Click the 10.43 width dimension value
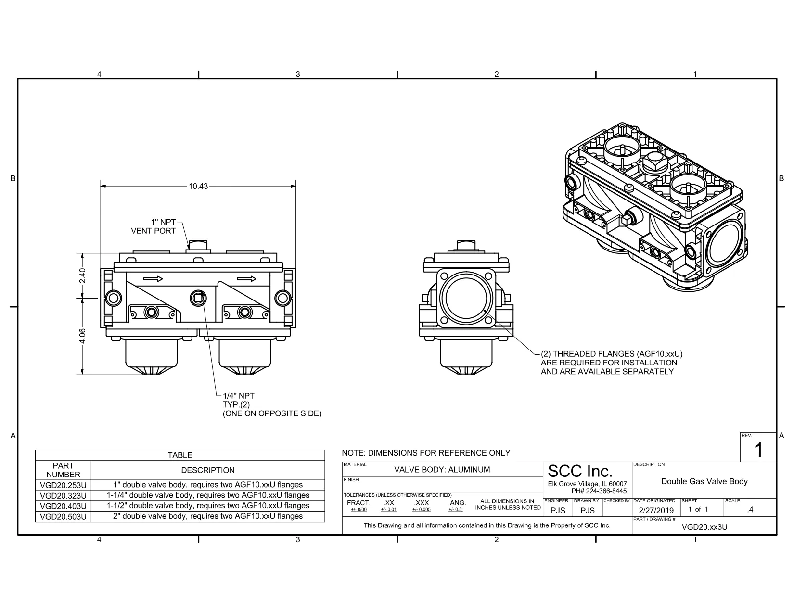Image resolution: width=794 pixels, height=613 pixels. click(x=198, y=186)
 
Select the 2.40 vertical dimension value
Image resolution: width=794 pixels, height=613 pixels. click(x=83, y=275)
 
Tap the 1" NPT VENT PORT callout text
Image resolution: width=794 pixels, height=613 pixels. click(x=154, y=226)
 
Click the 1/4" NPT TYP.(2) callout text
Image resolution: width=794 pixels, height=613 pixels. click(x=239, y=400)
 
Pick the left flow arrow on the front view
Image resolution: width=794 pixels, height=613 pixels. click(x=153, y=279)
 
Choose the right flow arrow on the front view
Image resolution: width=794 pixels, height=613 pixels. click(x=246, y=279)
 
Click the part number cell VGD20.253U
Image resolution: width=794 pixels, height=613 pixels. click(x=63, y=485)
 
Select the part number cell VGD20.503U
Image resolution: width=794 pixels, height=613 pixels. click(x=63, y=517)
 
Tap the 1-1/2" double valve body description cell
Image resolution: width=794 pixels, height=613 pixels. click(x=208, y=506)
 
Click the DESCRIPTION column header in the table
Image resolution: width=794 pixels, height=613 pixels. click(x=208, y=470)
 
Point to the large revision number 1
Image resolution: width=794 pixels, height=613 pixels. click(x=758, y=450)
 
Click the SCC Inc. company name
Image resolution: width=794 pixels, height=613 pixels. click(x=580, y=471)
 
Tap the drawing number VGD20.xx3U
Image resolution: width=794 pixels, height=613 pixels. click(x=704, y=527)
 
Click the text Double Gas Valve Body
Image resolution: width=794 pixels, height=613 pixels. click(x=704, y=481)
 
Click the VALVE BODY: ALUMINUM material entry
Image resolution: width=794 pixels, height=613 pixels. click(x=442, y=470)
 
